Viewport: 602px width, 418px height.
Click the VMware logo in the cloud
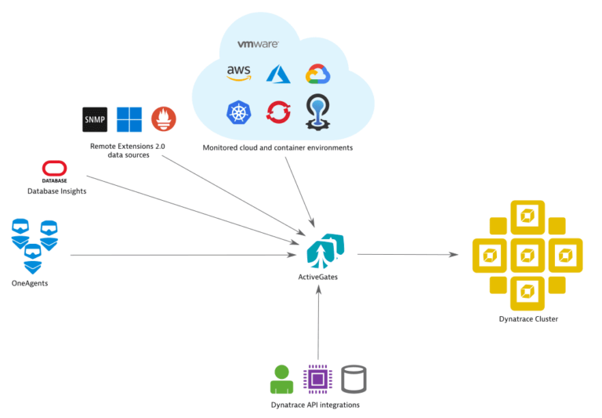pos(258,45)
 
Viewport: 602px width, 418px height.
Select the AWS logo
pos(238,73)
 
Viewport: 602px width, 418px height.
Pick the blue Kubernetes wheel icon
pos(238,113)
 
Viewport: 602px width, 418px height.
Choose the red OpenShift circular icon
pos(278,113)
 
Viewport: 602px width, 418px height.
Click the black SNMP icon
pos(95,119)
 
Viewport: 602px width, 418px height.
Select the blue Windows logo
pos(129,119)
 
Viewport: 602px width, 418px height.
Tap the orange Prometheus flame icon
pos(164,119)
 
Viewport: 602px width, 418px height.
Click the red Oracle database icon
pos(54,169)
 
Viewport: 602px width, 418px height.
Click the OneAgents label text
pos(31,283)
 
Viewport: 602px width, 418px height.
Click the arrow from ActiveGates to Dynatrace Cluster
pos(408,254)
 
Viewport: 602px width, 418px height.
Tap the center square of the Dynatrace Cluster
pos(528,255)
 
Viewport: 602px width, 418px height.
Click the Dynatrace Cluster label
pos(528,319)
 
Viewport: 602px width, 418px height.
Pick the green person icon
pos(281,379)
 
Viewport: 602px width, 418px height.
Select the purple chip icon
pos(317,379)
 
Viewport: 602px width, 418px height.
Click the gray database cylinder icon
pos(354,379)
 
